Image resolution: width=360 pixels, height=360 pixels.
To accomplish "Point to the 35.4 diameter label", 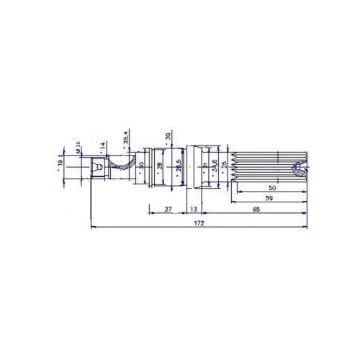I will [x=125, y=137].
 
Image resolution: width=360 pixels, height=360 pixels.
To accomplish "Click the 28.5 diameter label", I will [x=178, y=162].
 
